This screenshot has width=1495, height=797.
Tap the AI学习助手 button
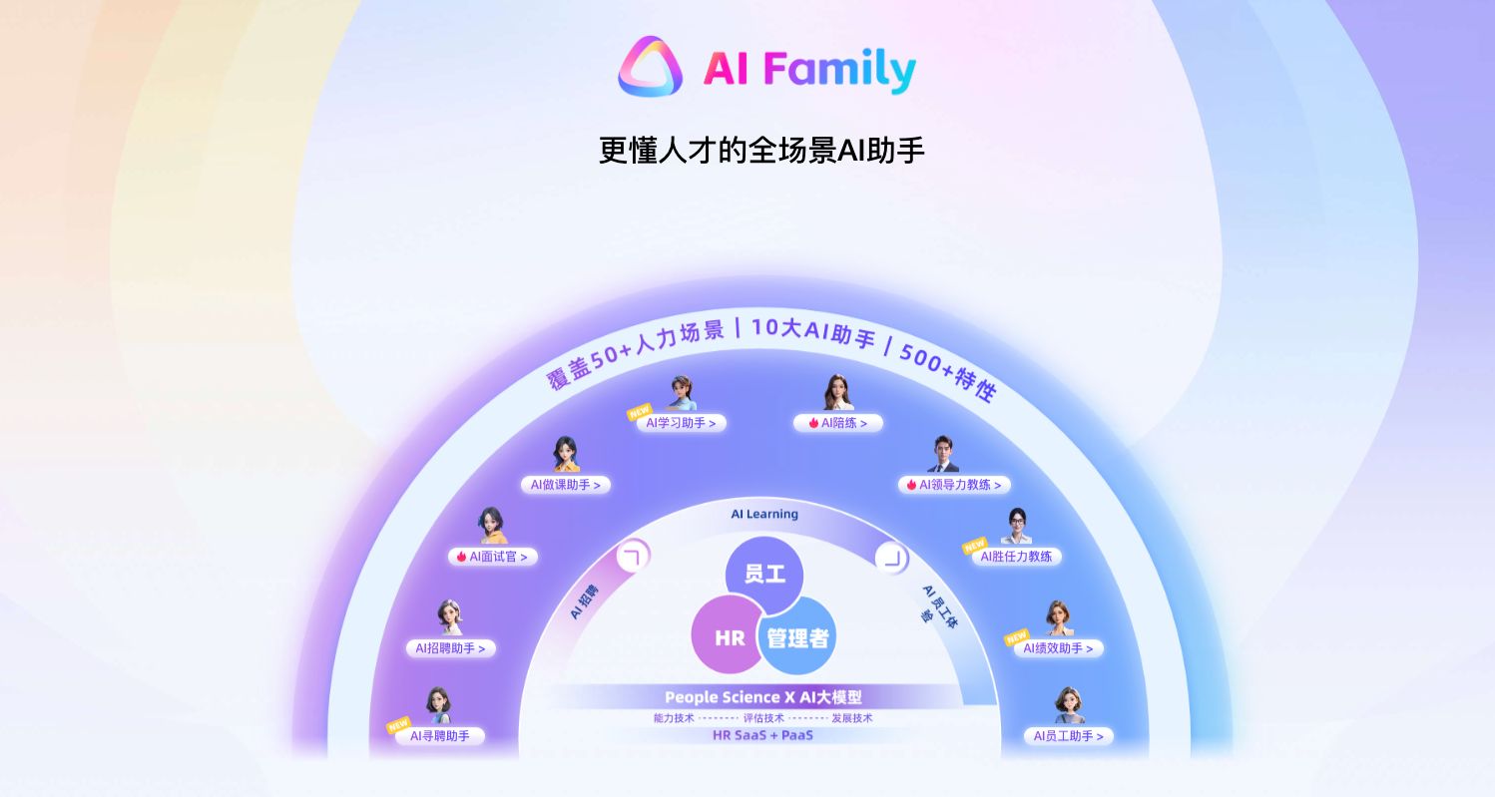(x=681, y=423)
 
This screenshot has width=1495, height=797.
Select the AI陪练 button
(x=838, y=423)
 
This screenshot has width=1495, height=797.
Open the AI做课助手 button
(x=565, y=485)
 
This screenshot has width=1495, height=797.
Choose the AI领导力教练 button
(x=954, y=485)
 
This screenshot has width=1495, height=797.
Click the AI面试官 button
(x=492, y=557)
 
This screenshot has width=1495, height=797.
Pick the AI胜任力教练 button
(x=1016, y=557)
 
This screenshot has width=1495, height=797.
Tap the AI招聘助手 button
(x=450, y=648)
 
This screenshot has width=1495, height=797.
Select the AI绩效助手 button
(x=1058, y=648)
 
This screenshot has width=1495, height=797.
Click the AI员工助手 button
(x=1068, y=736)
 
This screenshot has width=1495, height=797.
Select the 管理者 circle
(x=797, y=637)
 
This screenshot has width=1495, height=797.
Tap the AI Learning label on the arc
(x=764, y=515)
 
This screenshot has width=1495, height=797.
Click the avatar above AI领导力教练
(x=943, y=454)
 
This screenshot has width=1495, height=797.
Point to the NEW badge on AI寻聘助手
(x=399, y=724)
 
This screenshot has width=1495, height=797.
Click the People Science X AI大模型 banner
(x=762, y=697)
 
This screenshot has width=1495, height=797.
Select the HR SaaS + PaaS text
(x=762, y=735)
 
